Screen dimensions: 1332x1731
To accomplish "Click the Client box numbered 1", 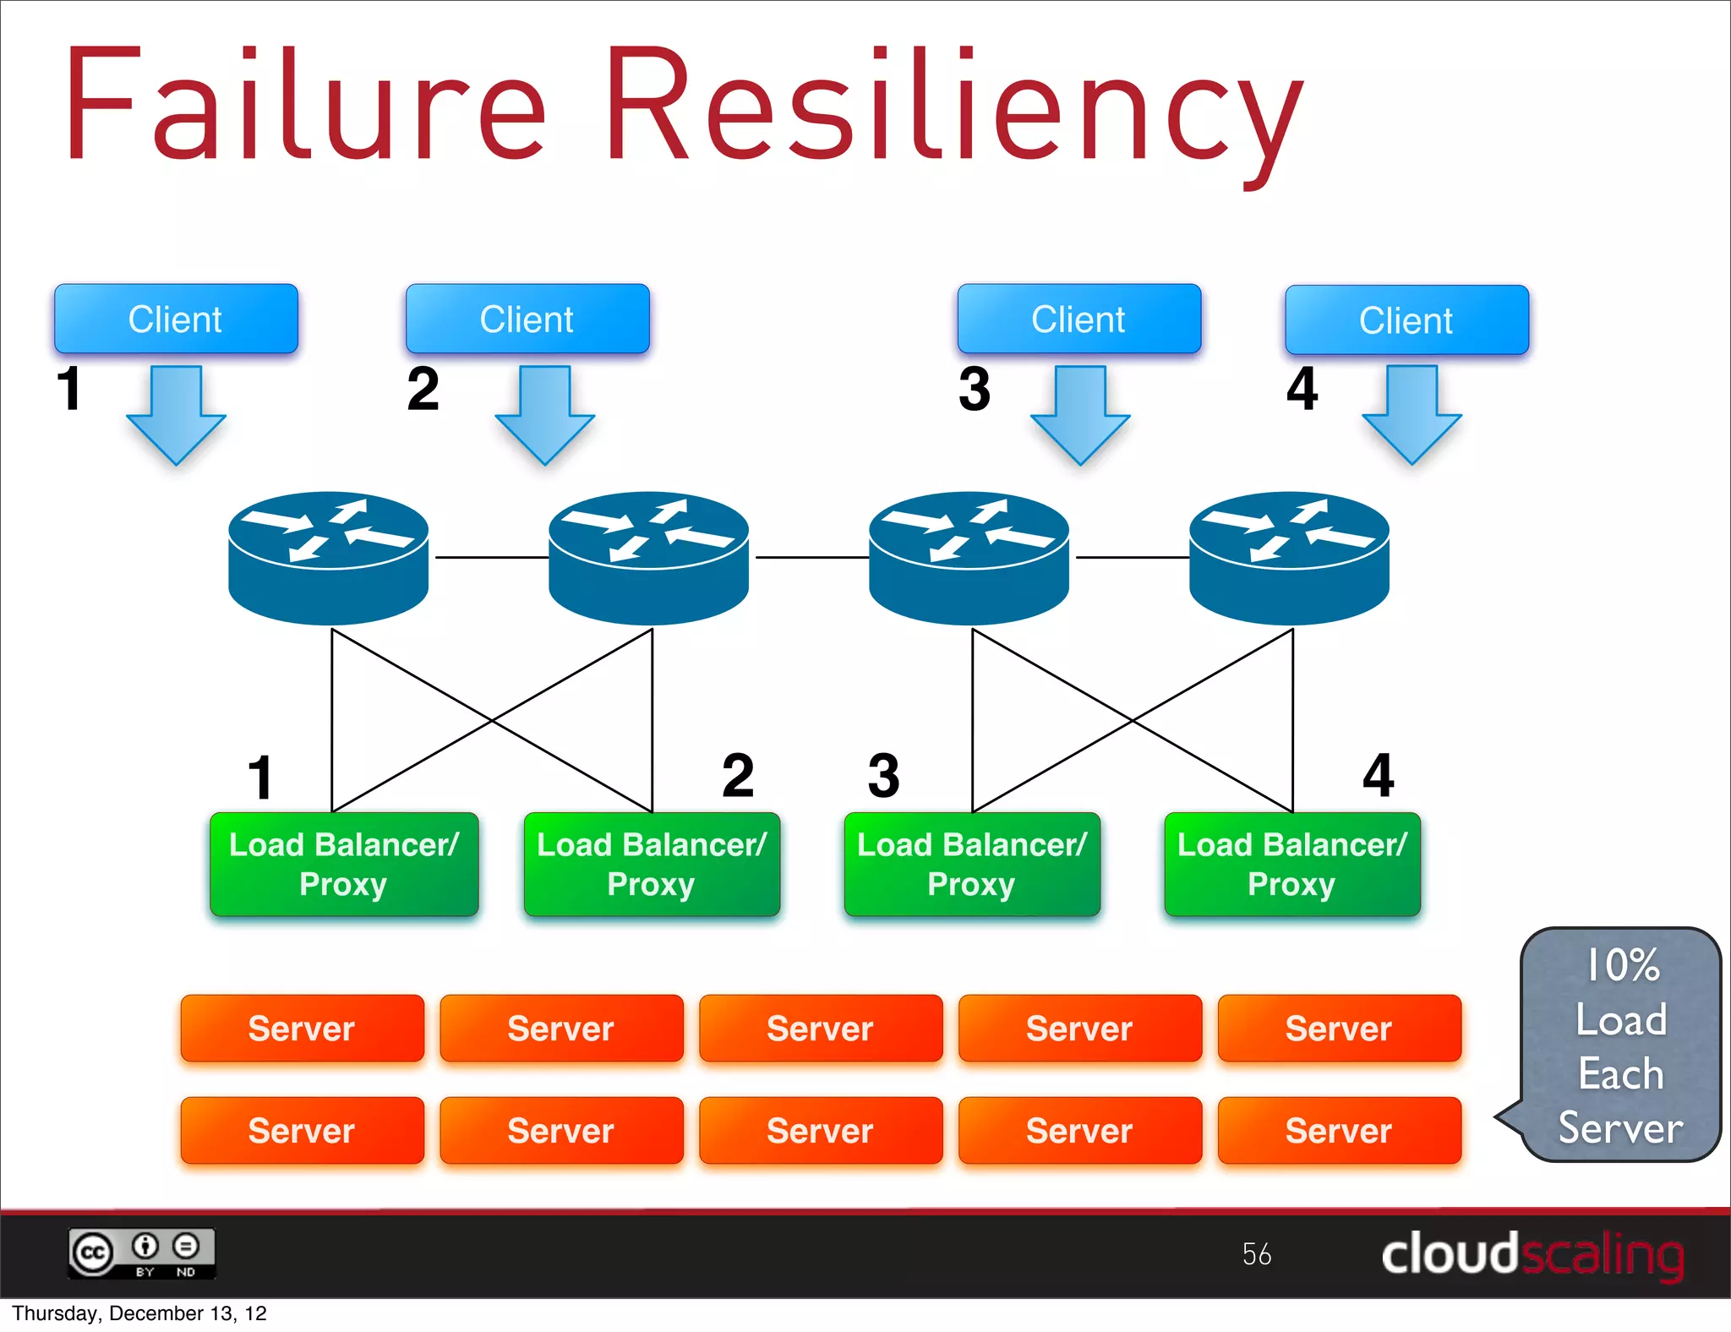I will tap(176, 319).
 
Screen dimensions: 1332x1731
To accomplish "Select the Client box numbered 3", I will tap(1078, 319).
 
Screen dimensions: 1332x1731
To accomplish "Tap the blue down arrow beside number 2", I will tap(545, 415).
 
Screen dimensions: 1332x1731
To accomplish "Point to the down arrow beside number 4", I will tap(1412, 414).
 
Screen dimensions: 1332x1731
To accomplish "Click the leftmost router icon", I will tap(328, 557).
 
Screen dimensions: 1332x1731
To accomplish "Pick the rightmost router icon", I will tap(1289, 557).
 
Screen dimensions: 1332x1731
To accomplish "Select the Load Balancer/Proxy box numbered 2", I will tap(652, 864).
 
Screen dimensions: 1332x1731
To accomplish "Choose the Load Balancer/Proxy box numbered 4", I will tap(1291, 864).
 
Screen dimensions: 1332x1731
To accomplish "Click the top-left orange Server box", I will tap(302, 1028).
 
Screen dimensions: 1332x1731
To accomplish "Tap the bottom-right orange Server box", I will tap(1339, 1130).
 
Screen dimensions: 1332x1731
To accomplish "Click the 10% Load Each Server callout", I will tap(1620, 1045).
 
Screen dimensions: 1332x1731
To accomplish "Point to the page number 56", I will tap(1256, 1253).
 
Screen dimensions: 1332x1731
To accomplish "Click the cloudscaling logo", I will tap(1532, 1254).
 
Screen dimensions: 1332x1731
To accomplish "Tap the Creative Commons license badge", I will tap(142, 1253).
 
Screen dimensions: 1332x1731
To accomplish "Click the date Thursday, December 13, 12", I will tap(139, 1313).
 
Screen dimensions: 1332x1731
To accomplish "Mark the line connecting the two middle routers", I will tap(811, 558).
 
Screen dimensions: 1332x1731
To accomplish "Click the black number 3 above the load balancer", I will tap(884, 776).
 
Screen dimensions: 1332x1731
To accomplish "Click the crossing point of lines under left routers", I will tap(492, 720).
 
